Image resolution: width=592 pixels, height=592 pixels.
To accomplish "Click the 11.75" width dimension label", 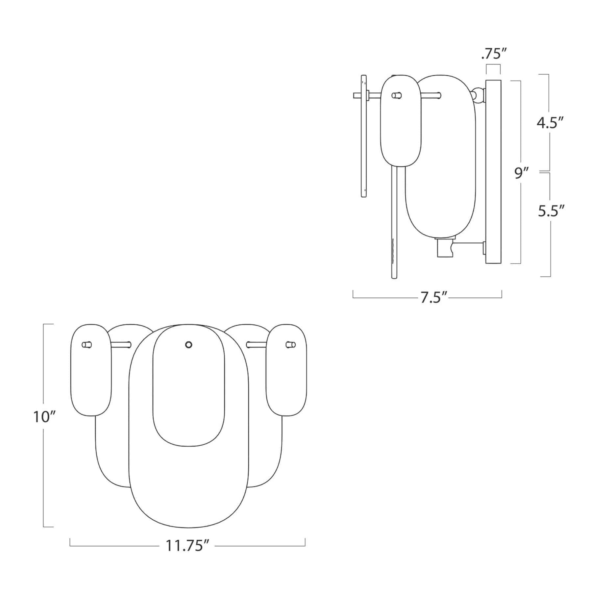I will pyautogui.click(x=187, y=546).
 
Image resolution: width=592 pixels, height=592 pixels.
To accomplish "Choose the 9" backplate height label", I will pyautogui.click(x=521, y=173).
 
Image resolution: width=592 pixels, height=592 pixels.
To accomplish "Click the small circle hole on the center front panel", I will pyautogui.click(x=188, y=344).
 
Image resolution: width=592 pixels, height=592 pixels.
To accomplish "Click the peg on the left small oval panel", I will pyautogui.click(x=87, y=345).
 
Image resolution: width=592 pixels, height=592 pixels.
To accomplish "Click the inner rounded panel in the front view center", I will pyautogui.click(x=189, y=395).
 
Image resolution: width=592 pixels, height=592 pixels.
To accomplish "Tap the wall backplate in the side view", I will pyautogui.click(x=493, y=171).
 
